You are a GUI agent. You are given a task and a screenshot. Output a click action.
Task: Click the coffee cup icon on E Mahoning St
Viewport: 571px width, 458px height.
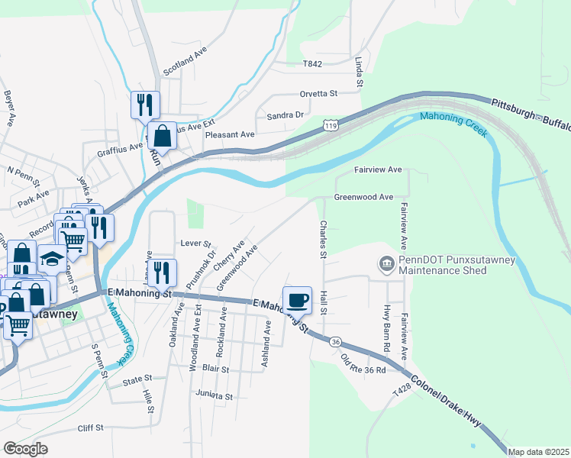[x=297, y=298]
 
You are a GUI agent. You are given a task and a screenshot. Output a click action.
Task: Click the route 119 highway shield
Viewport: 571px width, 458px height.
[x=331, y=125]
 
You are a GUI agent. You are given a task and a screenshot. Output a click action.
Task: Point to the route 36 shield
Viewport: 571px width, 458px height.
[x=335, y=342]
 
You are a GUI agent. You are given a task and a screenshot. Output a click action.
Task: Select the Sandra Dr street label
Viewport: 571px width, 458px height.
[x=285, y=115]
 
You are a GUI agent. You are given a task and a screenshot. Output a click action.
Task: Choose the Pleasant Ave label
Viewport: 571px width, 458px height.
[x=230, y=134]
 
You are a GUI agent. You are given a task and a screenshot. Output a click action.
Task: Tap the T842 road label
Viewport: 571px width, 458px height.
[x=312, y=65]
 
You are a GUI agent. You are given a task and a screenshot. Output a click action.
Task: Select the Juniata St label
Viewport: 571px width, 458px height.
[x=214, y=396]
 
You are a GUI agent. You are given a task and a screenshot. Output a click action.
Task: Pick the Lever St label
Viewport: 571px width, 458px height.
[x=195, y=243]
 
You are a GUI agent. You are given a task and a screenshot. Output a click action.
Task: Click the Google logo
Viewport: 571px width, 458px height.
[x=24, y=448]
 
